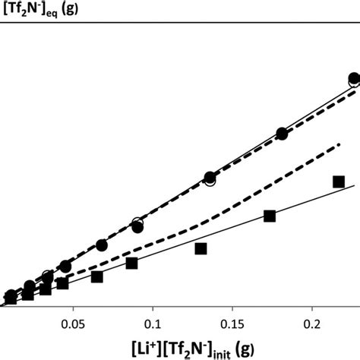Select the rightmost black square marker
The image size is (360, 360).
coord(339,182)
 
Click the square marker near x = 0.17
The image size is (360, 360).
coord(269,216)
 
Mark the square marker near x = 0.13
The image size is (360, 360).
coord(201,248)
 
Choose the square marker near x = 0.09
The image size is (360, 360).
coord(131,263)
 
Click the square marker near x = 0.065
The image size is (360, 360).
coord(96,276)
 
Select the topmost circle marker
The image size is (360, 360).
coord(354,79)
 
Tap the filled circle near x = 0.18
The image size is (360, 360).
coord(282,134)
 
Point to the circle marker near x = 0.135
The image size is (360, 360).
coord(210,178)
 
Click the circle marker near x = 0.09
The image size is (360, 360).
coord(137,226)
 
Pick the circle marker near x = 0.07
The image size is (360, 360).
coord(102,245)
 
